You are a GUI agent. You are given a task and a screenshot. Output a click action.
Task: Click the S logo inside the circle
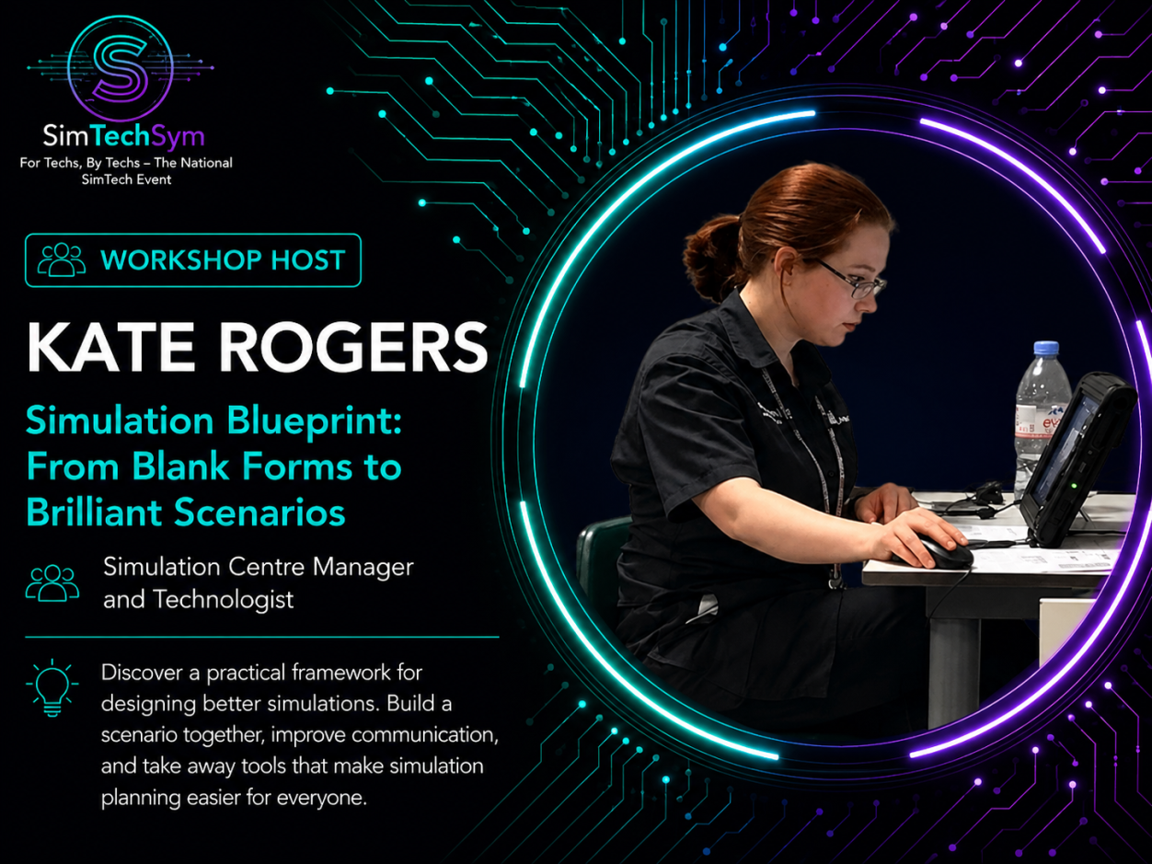pyautogui.click(x=121, y=68)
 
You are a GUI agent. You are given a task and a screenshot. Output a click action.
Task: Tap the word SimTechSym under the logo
pyautogui.click(x=123, y=136)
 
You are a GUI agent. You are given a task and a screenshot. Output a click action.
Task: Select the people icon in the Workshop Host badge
pyautogui.click(x=62, y=259)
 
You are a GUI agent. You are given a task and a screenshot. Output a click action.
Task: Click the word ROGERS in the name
pyautogui.click(x=353, y=347)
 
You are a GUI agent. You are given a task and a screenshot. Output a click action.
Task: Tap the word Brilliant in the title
pyautogui.click(x=94, y=512)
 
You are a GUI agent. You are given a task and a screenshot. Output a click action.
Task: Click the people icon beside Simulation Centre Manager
pyautogui.click(x=52, y=582)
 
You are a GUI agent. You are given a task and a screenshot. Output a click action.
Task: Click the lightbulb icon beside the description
pyautogui.click(x=52, y=687)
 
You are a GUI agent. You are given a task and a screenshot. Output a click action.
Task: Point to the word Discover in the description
pyautogui.click(x=142, y=673)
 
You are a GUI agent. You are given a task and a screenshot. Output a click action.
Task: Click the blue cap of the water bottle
pyautogui.click(x=1046, y=348)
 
